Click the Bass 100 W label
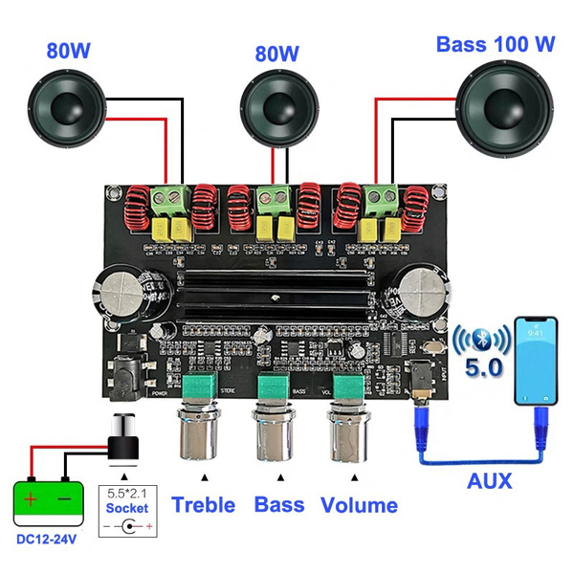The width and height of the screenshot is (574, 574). click(497, 44)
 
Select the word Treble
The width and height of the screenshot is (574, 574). click(203, 505)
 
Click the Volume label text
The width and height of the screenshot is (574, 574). click(359, 505)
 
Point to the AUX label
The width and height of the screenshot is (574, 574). click(489, 480)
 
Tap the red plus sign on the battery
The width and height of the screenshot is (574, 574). click(32, 498)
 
